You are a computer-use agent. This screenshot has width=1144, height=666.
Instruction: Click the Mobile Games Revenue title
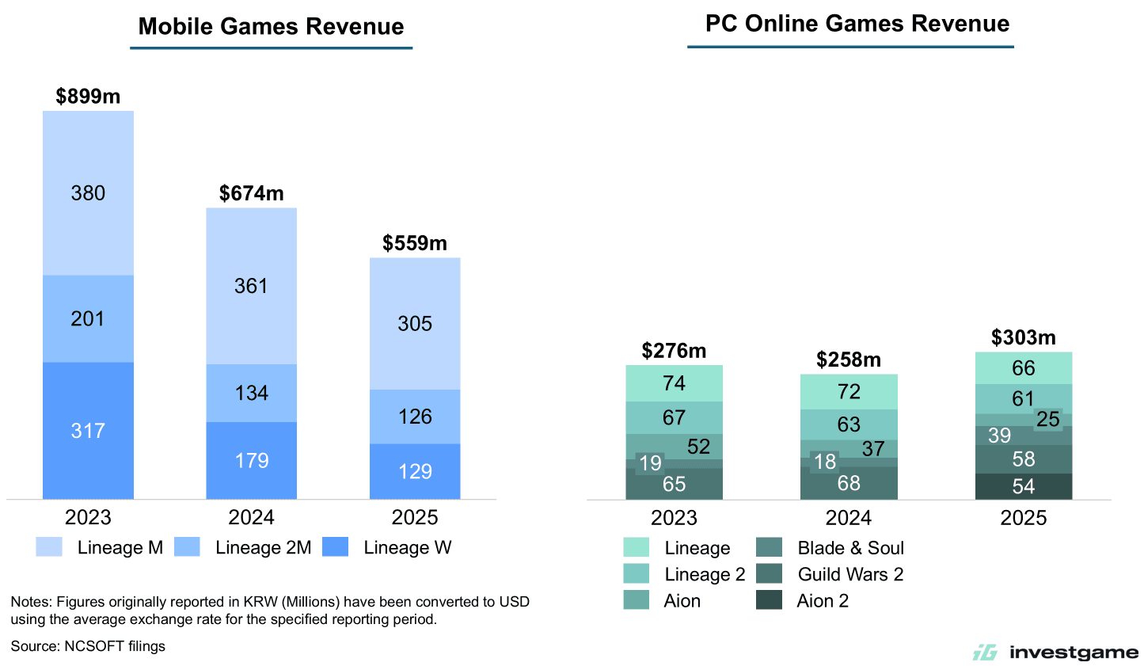pyautogui.click(x=271, y=27)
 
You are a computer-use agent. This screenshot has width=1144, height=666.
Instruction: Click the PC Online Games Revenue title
pyautogui.click(x=857, y=24)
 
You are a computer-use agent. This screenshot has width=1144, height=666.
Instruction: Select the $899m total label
pyautogui.click(x=88, y=97)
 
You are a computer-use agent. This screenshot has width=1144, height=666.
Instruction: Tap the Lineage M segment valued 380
pyautogui.click(x=88, y=193)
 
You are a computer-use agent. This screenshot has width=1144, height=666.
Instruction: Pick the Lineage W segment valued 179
pyautogui.click(x=252, y=460)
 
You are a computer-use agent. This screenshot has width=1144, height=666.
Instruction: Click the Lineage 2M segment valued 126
pyautogui.click(x=415, y=417)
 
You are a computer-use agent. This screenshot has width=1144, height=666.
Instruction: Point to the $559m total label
pyautogui.click(x=415, y=243)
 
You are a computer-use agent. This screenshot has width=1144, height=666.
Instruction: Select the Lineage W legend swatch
pyautogui.click(x=336, y=547)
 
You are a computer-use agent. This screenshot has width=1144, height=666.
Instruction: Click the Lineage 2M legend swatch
pyautogui.click(x=187, y=547)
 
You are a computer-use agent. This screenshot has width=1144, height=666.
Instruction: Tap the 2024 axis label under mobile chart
pyautogui.click(x=251, y=518)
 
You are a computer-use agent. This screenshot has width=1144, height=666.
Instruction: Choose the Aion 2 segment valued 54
pyautogui.click(x=1023, y=486)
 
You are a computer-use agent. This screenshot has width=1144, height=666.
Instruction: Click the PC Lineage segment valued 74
pyautogui.click(x=674, y=383)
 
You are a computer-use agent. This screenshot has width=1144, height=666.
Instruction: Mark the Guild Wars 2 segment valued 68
pyautogui.click(x=849, y=483)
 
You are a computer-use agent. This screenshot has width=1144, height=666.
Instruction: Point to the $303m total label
pyautogui.click(x=1023, y=338)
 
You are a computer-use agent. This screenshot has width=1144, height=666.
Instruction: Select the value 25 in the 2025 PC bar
pyautogui.click(x=1047, y=419)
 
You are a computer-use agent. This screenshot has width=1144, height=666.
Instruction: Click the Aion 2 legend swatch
pyautogui.click(x=769, y=600)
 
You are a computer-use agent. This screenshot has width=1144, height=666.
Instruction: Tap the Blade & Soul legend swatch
pyautogui.click(x=769, y=548)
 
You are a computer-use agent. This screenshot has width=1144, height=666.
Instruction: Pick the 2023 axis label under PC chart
pyautogui.click(x=674, y=518)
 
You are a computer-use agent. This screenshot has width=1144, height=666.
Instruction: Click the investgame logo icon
pyautogui.click(x=985, y=653)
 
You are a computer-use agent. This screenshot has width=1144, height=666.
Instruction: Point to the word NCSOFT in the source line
pyautogui.click(x=94, y=646)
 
